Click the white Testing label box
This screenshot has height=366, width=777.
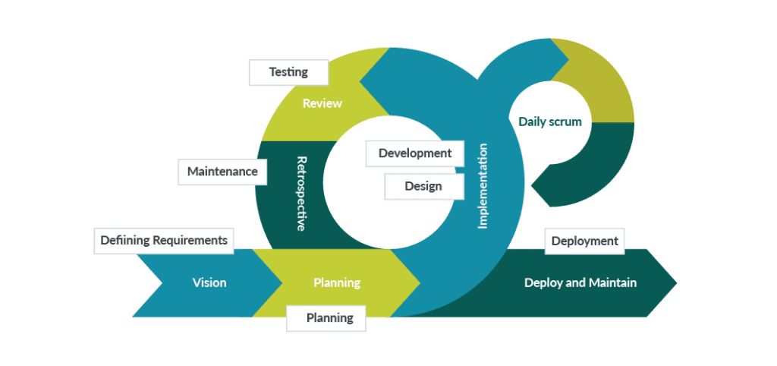click(x=288, y=73)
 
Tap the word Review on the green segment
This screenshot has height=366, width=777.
click(x=322, y=103)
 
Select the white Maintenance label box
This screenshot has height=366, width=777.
click(x=222, y=172)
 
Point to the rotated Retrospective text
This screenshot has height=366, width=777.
click(x=301, y=194)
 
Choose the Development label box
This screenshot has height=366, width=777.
click(x=414, y=153)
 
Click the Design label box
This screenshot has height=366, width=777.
click(x=423, y=186)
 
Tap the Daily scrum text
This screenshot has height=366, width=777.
click(x=549, y=121)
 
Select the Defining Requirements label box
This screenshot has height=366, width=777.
click(x=164, y=240)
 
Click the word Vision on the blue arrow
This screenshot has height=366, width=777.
click(x=209, y=282)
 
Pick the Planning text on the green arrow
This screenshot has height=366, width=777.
click(x=336, y=283)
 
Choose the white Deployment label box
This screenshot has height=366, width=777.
click(x=584, y=241)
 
